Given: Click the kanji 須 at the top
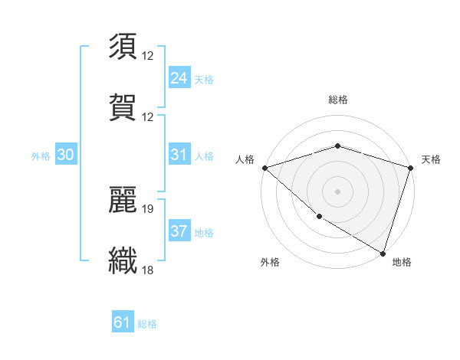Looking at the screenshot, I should pos(123,47).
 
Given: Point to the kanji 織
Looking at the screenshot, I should pos(123,259).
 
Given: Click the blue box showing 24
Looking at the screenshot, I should pos(179,78).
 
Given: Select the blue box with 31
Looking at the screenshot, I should pos(179,155).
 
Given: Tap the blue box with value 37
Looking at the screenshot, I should pos(179,231).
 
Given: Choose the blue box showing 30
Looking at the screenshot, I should pos(66,155).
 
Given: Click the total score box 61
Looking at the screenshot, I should pos(123,322).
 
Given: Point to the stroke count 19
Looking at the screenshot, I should pos(148,208).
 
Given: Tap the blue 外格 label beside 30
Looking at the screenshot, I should pos(41,155).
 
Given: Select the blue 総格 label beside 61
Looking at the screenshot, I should pos(147,323).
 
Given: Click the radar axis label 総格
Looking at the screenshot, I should pos(337,100).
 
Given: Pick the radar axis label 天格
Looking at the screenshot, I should pos(431,159).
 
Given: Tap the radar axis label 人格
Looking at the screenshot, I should pos(245,159).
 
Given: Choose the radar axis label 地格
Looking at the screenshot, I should pos(402,262).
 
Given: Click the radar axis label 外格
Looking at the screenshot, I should pos(270,262).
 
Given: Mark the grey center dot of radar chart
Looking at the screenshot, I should pos(337,191).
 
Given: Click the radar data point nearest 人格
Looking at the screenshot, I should pos(264,167).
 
